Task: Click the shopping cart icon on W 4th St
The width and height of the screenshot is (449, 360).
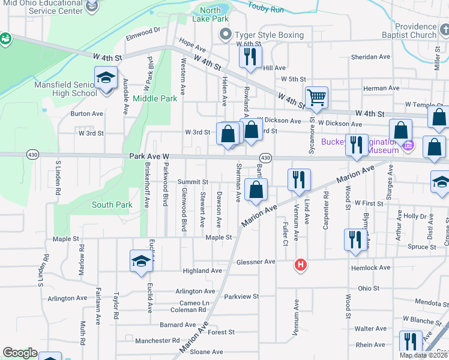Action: point(316,97)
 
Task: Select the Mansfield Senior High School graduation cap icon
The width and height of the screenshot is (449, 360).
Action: point(106,79)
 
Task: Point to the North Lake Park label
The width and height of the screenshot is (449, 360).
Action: point(210,14)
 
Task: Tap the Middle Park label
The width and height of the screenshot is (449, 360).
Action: point(155,98)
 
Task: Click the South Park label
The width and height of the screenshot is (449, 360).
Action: point(112,205)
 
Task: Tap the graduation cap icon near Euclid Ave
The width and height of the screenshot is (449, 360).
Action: point(141,260)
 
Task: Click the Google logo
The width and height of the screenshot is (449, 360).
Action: point(20,353)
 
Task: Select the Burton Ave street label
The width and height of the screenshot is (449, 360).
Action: point(86,113)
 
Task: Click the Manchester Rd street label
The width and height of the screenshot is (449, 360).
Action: point(153,341)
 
